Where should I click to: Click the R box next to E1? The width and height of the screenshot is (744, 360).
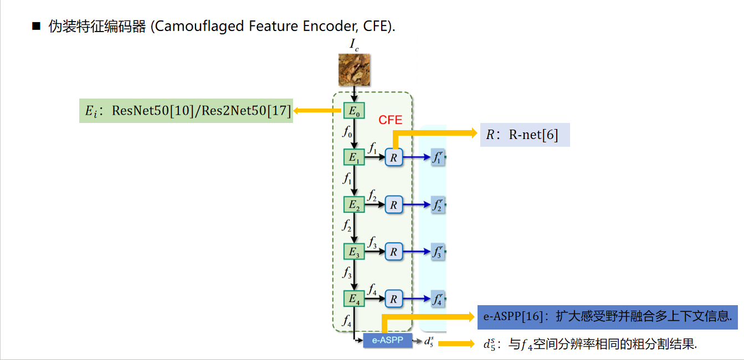click(x=393, y=158)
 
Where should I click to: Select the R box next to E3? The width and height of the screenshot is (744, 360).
click(x=393, y=252)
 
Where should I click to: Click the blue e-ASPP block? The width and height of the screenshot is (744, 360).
click(x=388, y=340)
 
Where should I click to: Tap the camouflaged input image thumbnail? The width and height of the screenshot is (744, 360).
click(x=354, y=70)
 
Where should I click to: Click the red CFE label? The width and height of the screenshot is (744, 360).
click(x=390, y=120)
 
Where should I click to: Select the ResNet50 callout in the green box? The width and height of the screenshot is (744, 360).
click(x=186, y=111)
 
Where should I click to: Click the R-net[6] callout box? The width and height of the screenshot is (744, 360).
click(x=525, y=135)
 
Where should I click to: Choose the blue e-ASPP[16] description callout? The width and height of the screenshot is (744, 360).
click(x=607, y=317)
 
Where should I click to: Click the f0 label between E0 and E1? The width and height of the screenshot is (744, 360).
click(x=347, y=133)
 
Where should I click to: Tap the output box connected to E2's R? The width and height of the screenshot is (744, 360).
click(x=438, y=205)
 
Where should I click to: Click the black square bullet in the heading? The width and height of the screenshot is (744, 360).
click(x=37, y=26)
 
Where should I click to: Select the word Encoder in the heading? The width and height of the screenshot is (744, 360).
click(x=329, y=26)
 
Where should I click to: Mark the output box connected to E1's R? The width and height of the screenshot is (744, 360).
click(x=438, y=158)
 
